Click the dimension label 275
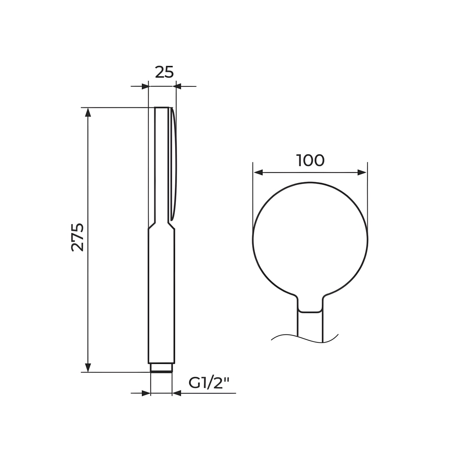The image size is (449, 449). click(x=77, y=237)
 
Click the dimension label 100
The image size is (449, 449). click(x=310, y=160)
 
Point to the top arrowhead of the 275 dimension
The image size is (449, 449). click(x=88, y=112)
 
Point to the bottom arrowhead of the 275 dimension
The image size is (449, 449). click(x=88, y=367)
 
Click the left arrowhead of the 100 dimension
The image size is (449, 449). click(x=258, y=172)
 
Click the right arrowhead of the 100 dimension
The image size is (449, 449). click(x=362, y=172)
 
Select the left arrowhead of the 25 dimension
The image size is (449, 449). click(x=145, y=86)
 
